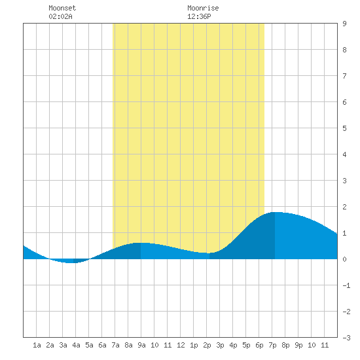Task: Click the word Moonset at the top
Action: click(62, 8)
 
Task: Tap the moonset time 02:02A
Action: click(60, 16)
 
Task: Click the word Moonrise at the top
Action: click(203, 8)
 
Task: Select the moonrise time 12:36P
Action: click(199, 16)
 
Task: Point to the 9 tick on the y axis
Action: click(344, 24)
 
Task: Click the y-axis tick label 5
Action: click(344, 128)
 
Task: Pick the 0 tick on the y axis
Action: click(344, 259)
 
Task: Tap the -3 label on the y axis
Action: click(346, 338)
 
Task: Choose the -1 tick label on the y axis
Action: click(346, 285)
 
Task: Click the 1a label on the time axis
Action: click(37, 345)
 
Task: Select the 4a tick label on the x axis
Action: click(76, 345)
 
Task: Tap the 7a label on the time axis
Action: click(115, 345)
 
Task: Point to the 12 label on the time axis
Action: click(181, 345)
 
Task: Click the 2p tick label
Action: click(207, 345)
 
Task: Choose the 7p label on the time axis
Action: click(272, 345)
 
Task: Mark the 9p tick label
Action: click(298, 345)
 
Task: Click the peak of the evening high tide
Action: click(277, 212)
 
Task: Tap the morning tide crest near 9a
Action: click(141, 243)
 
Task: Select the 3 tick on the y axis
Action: click(344, 181)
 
